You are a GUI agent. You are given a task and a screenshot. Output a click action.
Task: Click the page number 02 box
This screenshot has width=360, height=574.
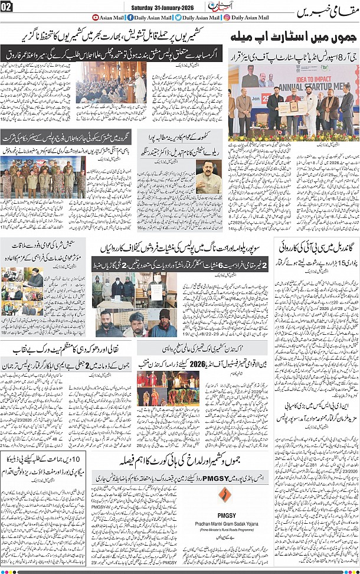point(6,7)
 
